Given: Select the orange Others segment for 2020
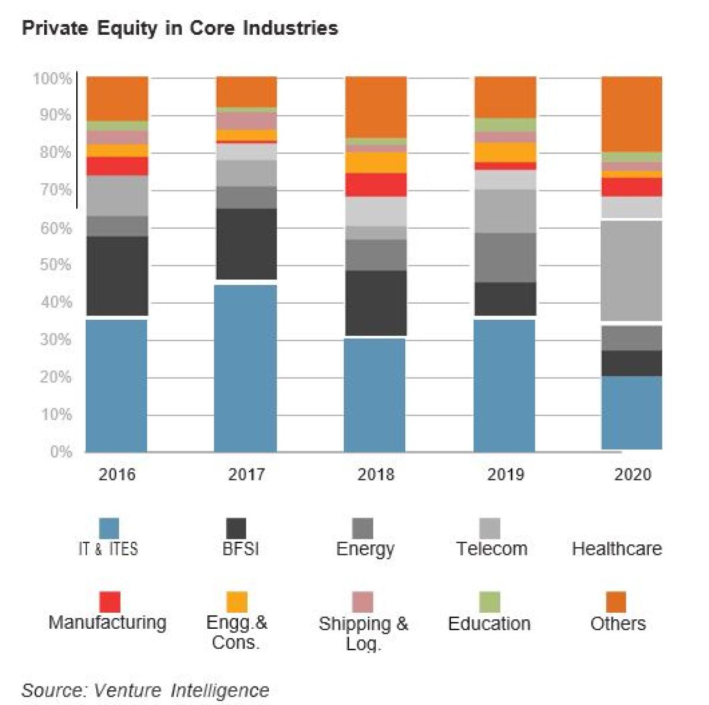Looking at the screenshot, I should coord(632,114).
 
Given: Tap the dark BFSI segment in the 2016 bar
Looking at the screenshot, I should coord(117,276).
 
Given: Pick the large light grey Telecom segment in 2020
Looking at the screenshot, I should coord(632,270).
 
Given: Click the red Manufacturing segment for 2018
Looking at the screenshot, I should coord(376,185).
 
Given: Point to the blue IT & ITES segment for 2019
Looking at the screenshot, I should coord(505,385).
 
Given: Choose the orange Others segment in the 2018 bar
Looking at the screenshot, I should coord(376,107).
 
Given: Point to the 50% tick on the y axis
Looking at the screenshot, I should coord(56,265).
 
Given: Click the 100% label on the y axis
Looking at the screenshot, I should coord(52,79).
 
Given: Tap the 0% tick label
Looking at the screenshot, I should coord(61,452).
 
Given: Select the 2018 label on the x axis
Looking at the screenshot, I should coord(376,475).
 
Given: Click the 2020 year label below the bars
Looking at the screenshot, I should coord(632,475).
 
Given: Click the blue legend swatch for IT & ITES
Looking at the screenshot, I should coord(109,528).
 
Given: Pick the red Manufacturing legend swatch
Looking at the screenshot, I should coord(109,602).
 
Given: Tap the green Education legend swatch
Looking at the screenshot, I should coord(489,602).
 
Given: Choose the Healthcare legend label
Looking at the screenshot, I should coord(616,548).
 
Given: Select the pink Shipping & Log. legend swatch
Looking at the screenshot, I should coord(363,602).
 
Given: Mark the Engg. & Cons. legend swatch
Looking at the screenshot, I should coord(236,602).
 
